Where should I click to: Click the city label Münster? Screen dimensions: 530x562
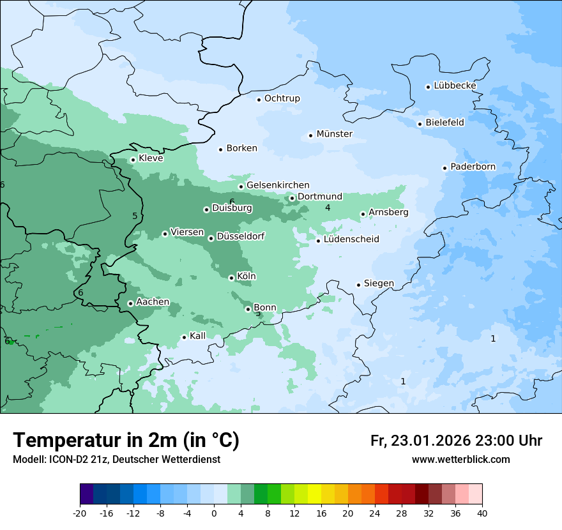pos(335,134)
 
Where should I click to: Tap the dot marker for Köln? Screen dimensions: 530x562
pos(231,278)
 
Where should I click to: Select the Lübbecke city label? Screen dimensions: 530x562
pos(455,86)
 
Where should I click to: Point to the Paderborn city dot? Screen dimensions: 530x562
pos(444,168)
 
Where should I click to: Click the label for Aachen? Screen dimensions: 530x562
pos(153,302)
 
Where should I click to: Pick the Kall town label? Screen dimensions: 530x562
pos(198,336)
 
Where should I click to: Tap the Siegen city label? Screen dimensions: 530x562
pos(379,284)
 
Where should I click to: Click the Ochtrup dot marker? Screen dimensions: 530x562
pos(259,99)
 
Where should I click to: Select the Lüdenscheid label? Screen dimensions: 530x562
pos(351,239)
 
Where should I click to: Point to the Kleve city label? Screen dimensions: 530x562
pos(151,158)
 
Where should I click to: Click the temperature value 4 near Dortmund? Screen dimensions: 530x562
pos(328,208)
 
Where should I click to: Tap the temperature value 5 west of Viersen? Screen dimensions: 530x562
pos(135,216)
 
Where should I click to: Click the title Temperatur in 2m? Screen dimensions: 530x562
pos(126,440)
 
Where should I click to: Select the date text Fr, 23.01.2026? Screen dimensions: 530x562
pos(420,441)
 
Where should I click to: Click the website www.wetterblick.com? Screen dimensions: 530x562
pos(460,459)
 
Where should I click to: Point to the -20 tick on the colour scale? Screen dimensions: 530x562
pos(80,513)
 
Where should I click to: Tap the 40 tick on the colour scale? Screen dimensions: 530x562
pos(482,513)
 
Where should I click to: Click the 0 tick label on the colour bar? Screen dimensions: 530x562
pos(214,513)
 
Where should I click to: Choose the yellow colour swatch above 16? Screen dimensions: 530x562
pos(314,494)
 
